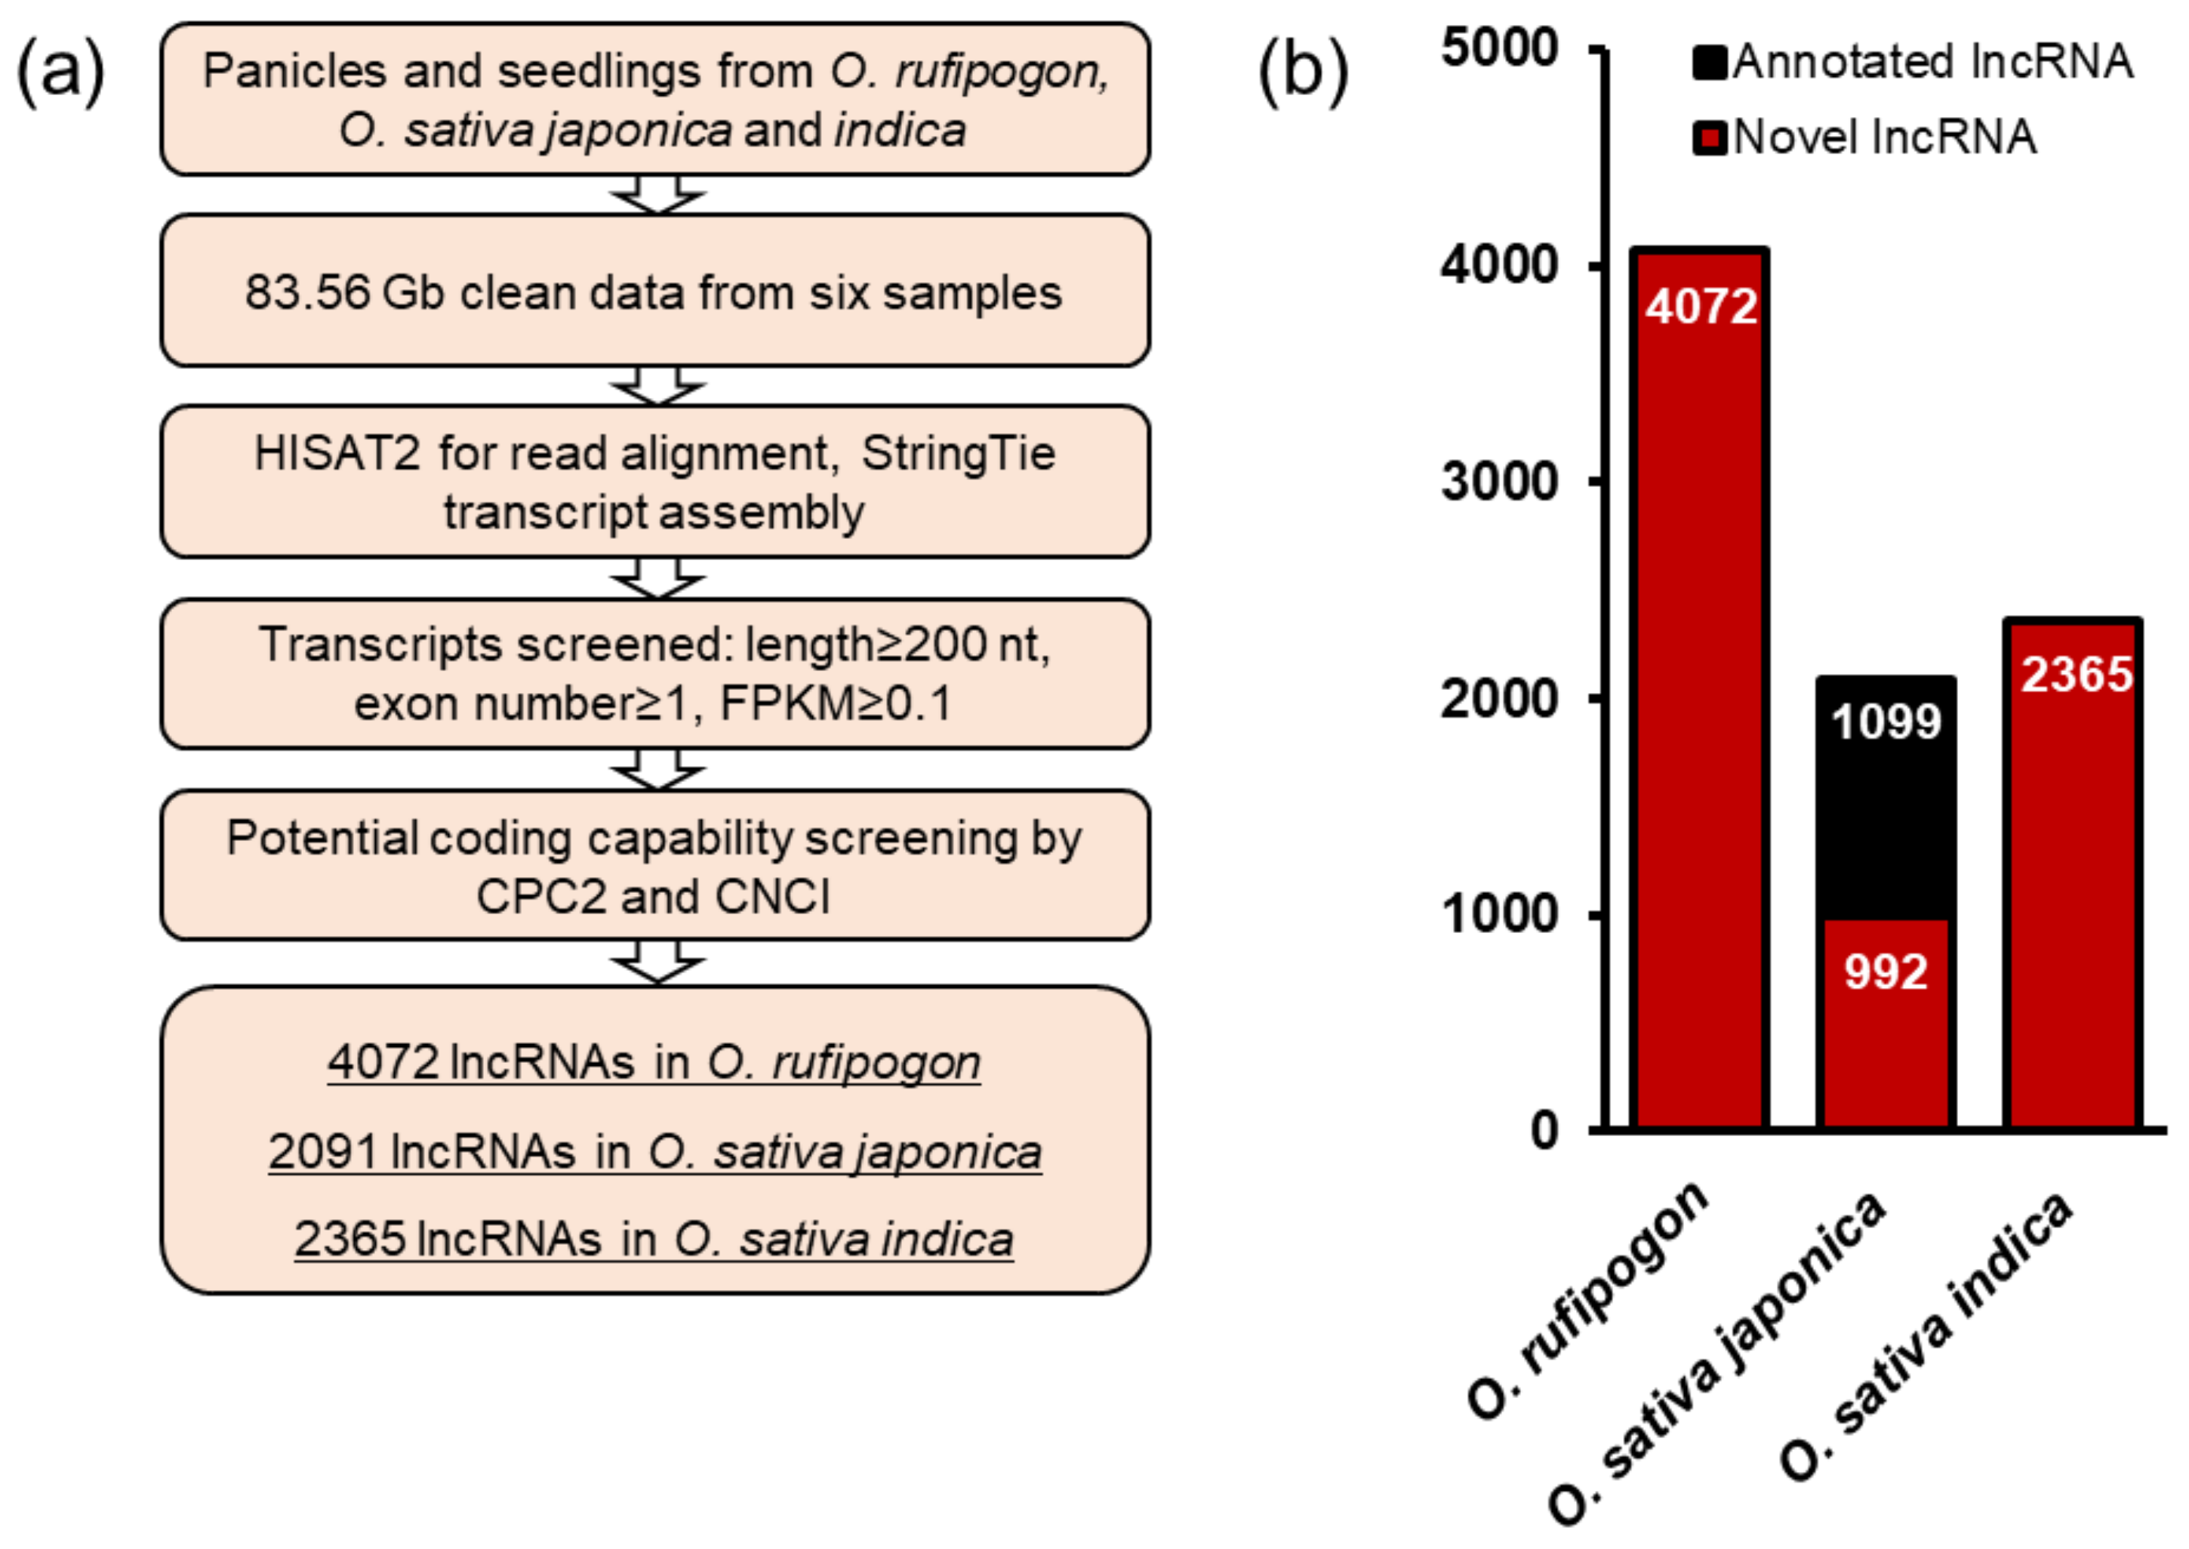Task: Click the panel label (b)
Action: tap(1303, 71)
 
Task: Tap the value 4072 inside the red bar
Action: tap(1701, 307)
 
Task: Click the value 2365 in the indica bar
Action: tap(2077, 674)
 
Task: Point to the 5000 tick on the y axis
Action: tap(1499, 48)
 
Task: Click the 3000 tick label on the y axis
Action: tap(1499, 482)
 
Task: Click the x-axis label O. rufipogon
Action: tap(1588, 1303)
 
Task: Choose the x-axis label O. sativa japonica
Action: tap(1717, 1360)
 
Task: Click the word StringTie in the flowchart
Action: tap(958, 454)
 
